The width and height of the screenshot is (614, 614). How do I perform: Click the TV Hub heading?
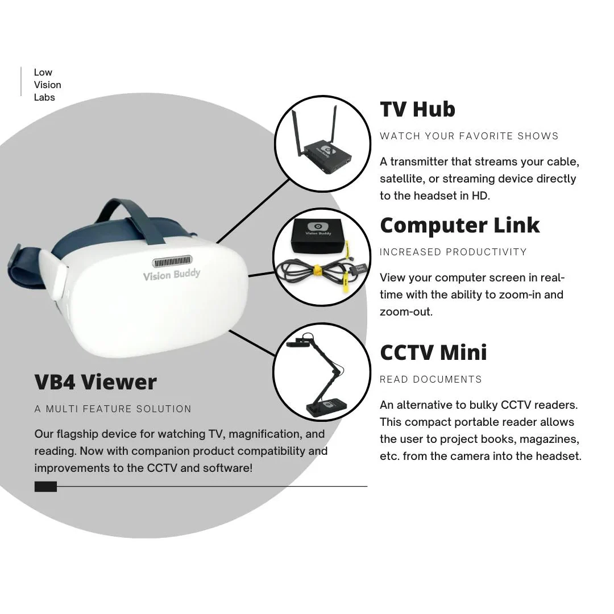point(417,109)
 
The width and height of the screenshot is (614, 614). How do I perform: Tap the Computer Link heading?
point(460,226)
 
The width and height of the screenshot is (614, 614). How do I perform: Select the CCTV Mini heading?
point(433,352)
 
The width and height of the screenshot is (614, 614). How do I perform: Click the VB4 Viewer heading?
point(96,382)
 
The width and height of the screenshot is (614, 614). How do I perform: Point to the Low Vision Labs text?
point(47,85)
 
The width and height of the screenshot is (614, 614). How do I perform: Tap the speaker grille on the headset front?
point(172,261)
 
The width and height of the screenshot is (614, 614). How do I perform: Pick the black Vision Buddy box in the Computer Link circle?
point(318,236)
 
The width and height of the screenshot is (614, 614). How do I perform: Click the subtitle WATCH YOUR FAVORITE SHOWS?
point(469,136)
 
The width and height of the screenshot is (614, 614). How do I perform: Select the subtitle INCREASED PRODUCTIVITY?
point(453,252)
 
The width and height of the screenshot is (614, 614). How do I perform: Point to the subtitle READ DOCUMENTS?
point(431,379)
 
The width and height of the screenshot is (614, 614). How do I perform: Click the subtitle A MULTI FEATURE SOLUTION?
point(113,409)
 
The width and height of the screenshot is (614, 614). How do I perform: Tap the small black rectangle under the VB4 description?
point(46,486)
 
